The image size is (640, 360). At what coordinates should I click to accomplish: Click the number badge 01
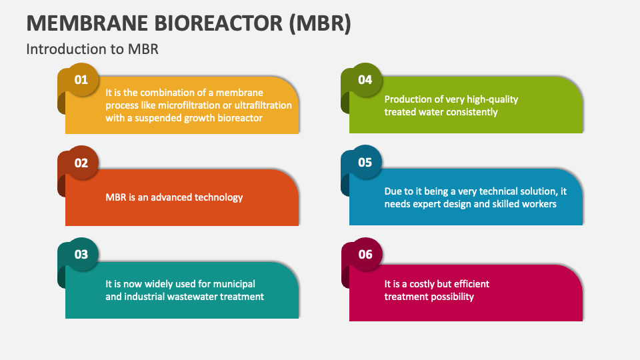pyautogui.click(x=81, y=80)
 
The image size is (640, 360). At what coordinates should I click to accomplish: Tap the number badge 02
pyautogui.click(x=81, y=163)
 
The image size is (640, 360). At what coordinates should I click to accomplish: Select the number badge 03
pyautogui.click(x=81, y=254)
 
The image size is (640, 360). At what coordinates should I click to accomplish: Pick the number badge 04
pyautogui.click(x=365, y=80)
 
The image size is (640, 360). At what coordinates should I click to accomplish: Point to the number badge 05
pyautogui.click(x=365, y=163)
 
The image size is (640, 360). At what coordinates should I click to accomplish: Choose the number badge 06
pyautogui.click(x=365, y=254)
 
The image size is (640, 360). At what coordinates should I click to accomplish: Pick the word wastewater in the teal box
pyautogui.click(x=196, y=297)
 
